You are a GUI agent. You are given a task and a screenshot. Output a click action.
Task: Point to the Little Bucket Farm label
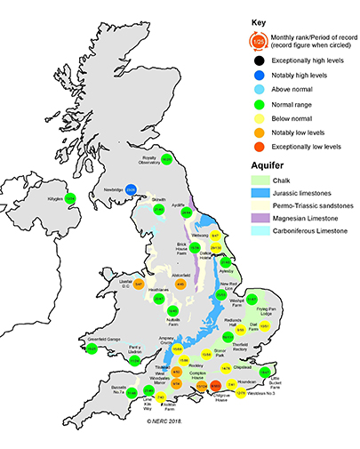click(268, 387)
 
